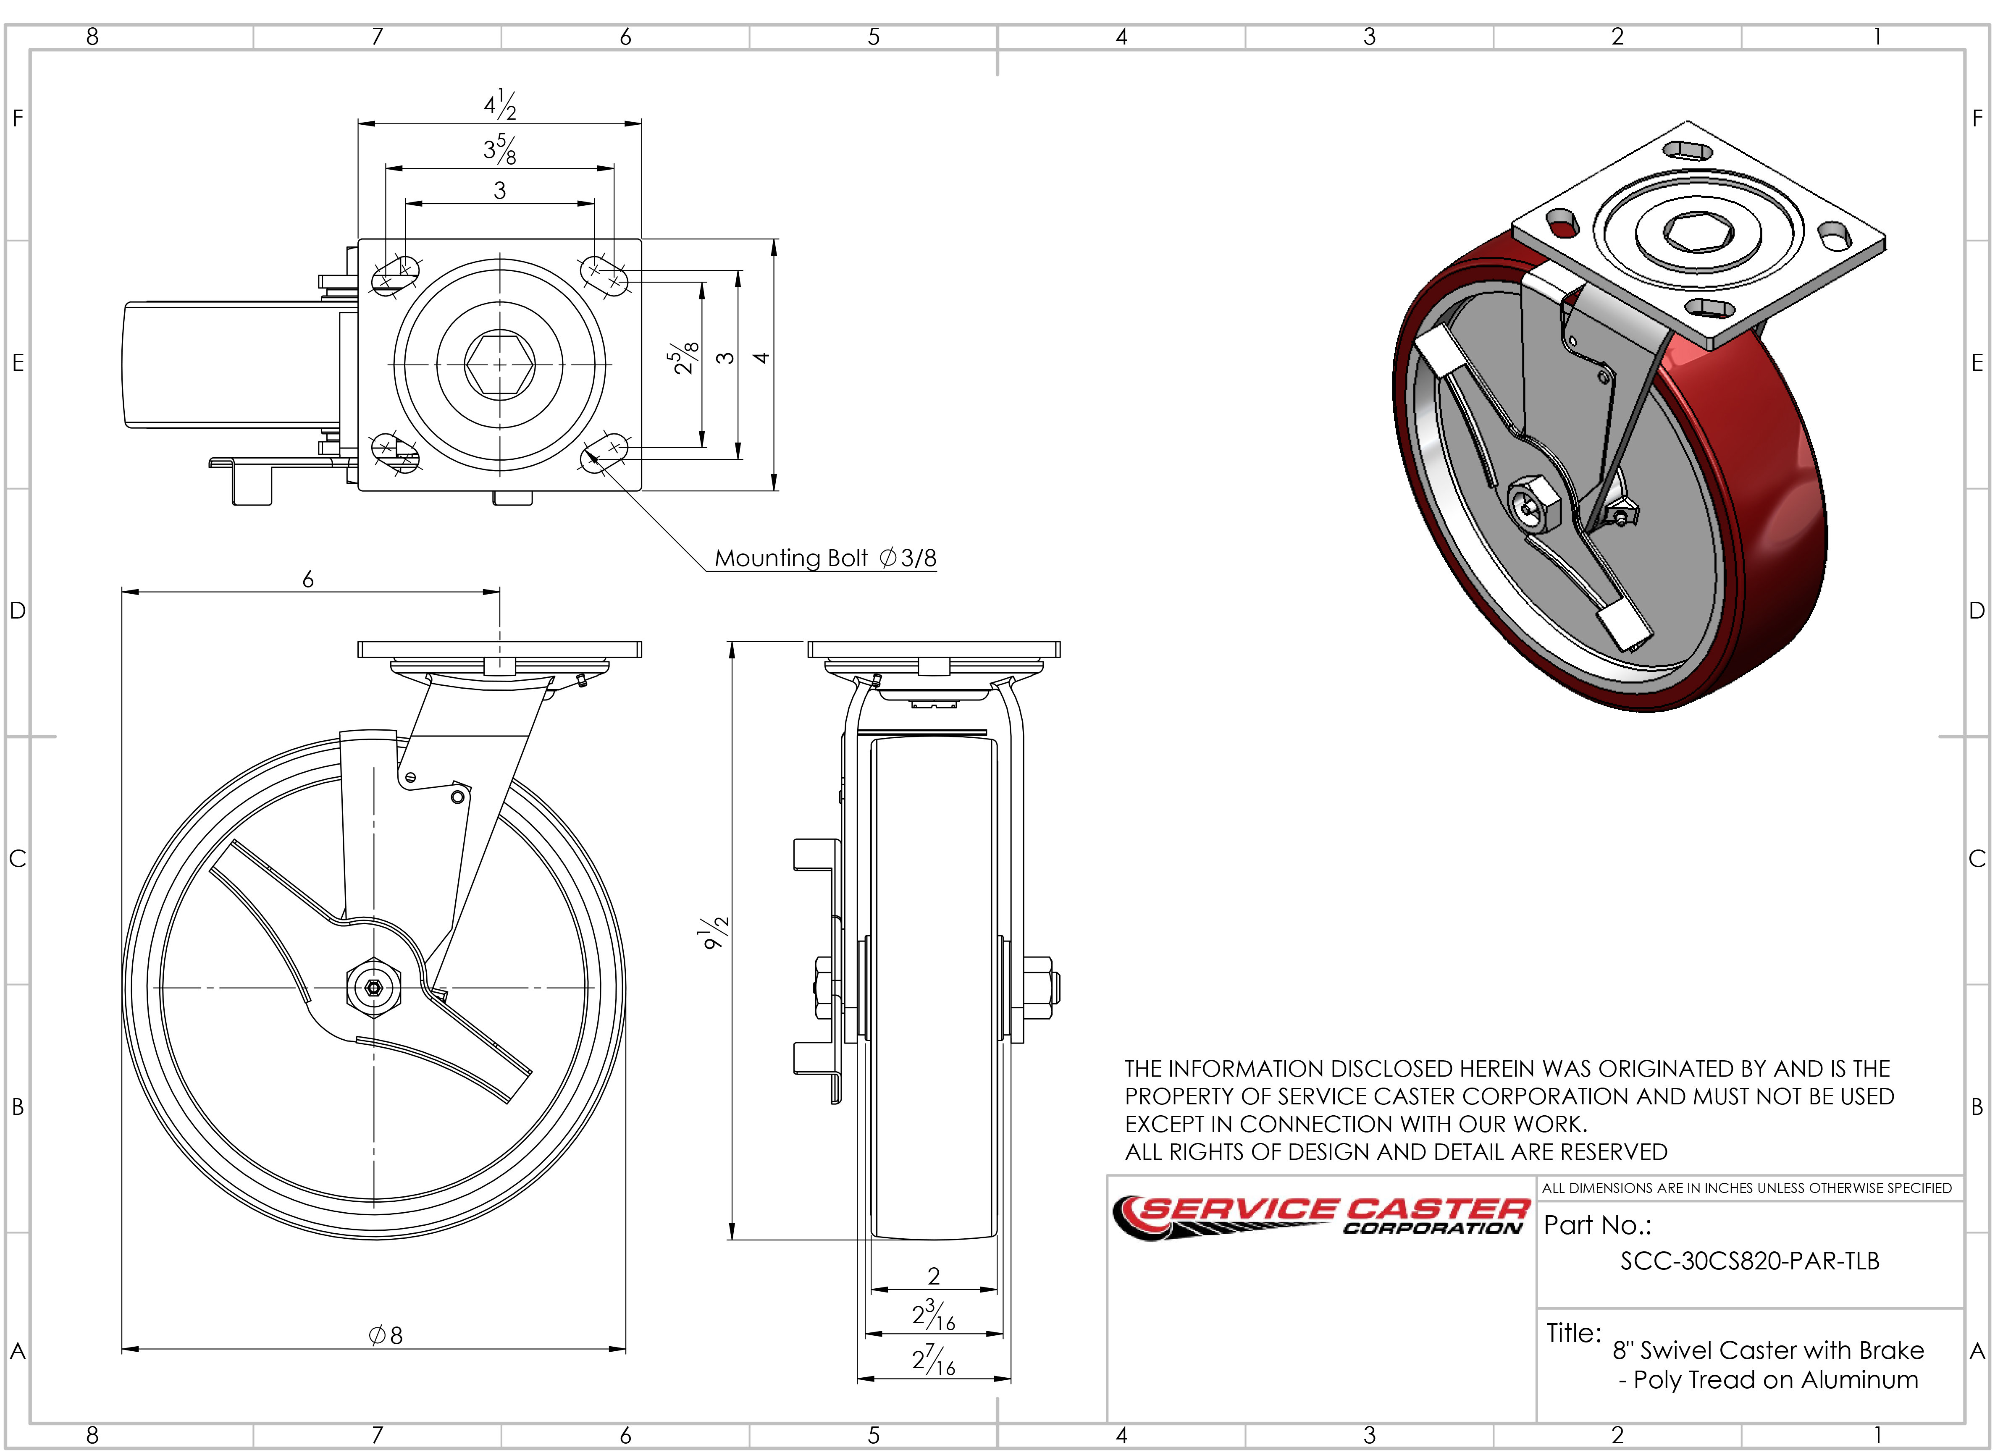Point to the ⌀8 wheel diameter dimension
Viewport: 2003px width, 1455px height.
tap(386, 1335)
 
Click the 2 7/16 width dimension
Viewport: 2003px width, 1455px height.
tap(934, 1361)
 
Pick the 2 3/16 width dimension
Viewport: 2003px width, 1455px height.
tap(934, 1316)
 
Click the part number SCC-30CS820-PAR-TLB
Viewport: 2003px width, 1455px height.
tap(1750, 1261)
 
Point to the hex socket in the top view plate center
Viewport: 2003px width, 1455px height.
tap(500, 364)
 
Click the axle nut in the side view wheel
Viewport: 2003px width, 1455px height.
tap(373, 987)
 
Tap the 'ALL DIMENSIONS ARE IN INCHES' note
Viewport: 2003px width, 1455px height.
tap(1746, 1188)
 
